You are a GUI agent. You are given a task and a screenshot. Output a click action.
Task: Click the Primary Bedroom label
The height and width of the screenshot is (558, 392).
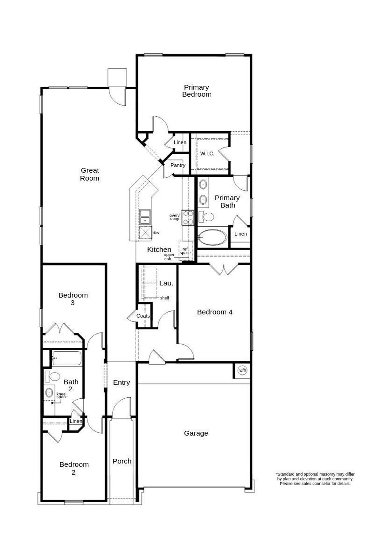tap(197, 91)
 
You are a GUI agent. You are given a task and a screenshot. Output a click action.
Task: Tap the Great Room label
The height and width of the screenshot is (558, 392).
tap(90, 174)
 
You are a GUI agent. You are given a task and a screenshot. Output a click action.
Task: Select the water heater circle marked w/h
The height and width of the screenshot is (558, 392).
tap(242, 370)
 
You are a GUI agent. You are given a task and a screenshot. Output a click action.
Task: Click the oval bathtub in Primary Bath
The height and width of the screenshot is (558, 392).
tap(213, 237)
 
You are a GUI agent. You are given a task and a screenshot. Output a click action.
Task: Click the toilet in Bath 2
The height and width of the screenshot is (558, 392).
tap(53, 376)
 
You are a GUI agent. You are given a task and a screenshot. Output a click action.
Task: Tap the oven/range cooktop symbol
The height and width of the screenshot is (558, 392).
tap(188, 218)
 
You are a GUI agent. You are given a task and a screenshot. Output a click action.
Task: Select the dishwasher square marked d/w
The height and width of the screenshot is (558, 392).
tap(145, 232)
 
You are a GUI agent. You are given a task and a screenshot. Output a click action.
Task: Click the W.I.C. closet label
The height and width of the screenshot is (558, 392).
tap(207, 154)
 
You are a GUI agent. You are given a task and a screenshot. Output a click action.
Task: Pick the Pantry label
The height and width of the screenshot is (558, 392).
tap(178, 165)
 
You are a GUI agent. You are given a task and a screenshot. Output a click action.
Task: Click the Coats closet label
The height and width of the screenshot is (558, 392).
tap(143, 316)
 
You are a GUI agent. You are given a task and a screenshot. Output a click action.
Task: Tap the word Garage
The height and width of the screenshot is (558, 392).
tap(196, 433)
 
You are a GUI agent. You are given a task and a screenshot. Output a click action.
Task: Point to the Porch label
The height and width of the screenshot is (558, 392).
tap(122, 461)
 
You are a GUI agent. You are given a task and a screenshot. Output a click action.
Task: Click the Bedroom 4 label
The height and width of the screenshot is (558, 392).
tap(215, 312)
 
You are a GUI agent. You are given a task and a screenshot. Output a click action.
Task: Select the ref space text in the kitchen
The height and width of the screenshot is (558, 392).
tap(185, 251)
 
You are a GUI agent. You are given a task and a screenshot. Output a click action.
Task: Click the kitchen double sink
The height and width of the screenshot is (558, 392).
tap(145, 217)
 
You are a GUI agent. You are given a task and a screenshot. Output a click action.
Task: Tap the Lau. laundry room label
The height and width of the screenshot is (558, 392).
tap(166, 283)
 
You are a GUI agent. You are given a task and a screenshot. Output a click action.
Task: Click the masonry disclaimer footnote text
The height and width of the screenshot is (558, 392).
tap(315, 479)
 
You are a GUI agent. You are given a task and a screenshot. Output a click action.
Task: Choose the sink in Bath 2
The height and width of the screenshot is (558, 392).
tap(49, 392)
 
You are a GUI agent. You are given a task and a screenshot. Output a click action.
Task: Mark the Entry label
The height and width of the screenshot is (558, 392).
tap(121, 382)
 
